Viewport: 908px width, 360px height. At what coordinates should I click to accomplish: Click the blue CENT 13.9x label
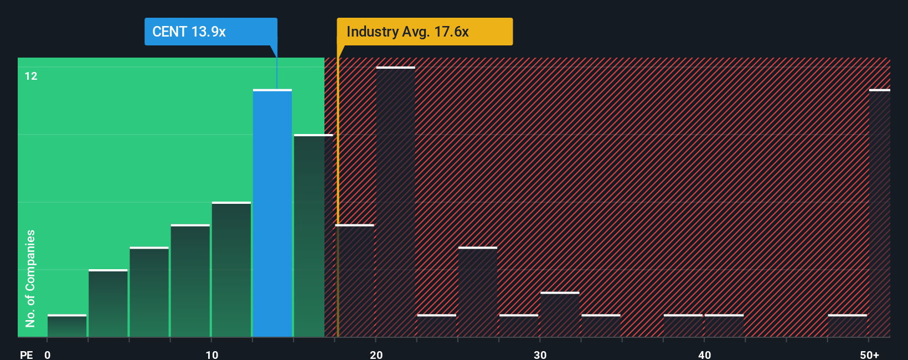tap(210, 32)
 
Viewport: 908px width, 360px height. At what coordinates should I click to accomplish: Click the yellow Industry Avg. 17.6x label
tap(424, 32)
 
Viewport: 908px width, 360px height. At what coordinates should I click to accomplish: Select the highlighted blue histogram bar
tap(272, 213)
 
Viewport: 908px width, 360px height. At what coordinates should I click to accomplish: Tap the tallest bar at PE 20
tap(395, 202)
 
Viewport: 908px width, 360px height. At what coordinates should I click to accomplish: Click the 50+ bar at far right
tap(879, 213)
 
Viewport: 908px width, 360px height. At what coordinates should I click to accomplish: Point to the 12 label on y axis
tap(31, 76)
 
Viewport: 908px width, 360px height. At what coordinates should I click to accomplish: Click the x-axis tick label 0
tap(48, 354)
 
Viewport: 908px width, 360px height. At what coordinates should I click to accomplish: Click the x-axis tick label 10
tap(211, 354)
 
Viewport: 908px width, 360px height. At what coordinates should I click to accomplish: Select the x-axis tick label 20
tap(376, 354)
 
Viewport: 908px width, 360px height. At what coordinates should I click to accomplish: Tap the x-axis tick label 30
tap(540, 354)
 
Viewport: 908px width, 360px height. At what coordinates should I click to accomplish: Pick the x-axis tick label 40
tap(704, 354)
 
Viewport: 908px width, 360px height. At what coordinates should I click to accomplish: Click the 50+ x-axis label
tap(869, 354)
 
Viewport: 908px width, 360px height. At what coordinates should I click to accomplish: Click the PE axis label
tap(26, 354)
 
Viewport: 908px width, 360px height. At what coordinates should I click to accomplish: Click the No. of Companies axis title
tap(30, 278)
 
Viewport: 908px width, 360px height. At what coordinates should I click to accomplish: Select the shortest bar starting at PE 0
tap(67, 326)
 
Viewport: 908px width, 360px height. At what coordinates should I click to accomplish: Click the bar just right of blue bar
tap(313, 235)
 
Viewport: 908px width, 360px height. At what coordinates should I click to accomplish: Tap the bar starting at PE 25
tap(478, 292)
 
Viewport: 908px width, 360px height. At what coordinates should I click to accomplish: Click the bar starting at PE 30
tap(560, 315)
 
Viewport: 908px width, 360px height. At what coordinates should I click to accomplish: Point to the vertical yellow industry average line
tap(337, 194)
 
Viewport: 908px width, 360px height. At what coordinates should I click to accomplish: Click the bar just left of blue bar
tap(231, 270)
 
